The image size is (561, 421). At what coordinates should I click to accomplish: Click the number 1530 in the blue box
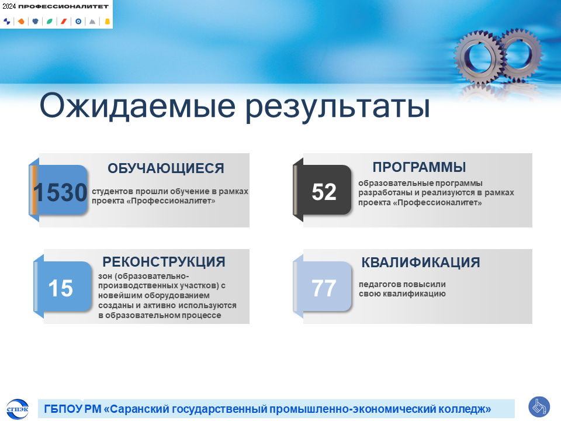pyautogui.click(x=60, y=192)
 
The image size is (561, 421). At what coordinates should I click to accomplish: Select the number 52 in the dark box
pyautogui.click(x=324, y=192)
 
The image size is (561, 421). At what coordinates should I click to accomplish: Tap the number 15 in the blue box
pyautogui.click(x=60, y=288)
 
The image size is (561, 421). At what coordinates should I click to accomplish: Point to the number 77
pyautogui.click(x=324, y=288)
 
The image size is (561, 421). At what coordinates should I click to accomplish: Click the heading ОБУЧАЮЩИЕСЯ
pyautogui.click(x=166, y=168)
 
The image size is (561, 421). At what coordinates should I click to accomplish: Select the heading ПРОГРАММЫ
pyautogui.click(x=420, y=167)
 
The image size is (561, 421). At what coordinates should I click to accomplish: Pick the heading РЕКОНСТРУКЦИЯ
pyautogui.click(x=164, y=262)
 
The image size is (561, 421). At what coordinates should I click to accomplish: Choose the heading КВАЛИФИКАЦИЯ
pyautogui.click(x=421, y=263)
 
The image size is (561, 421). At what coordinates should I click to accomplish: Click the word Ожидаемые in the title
pyautogui.click(x=137, y=106)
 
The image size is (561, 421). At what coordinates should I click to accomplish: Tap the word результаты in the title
pyautogui.click(x=338, y=106)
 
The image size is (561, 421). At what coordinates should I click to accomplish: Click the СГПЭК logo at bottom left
pyautogui.click(x=18, y=409)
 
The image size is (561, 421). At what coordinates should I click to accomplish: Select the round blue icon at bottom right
pyautogui.click(x=539, y=407)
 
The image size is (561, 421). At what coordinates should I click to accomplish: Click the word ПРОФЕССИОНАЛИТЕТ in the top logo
pyautogui.click(x=63, y=6)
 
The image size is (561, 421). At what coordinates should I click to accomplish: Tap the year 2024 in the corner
pyautogui.click(x=9, y=6)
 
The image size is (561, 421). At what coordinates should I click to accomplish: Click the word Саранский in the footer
pyautogui.click(x=140, y=409)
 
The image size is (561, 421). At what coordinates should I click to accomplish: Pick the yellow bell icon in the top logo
pyautogui.click(x=107, y=22)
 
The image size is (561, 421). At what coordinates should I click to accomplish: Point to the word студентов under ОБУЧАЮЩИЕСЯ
pyautogui.click(x=112, y=192)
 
